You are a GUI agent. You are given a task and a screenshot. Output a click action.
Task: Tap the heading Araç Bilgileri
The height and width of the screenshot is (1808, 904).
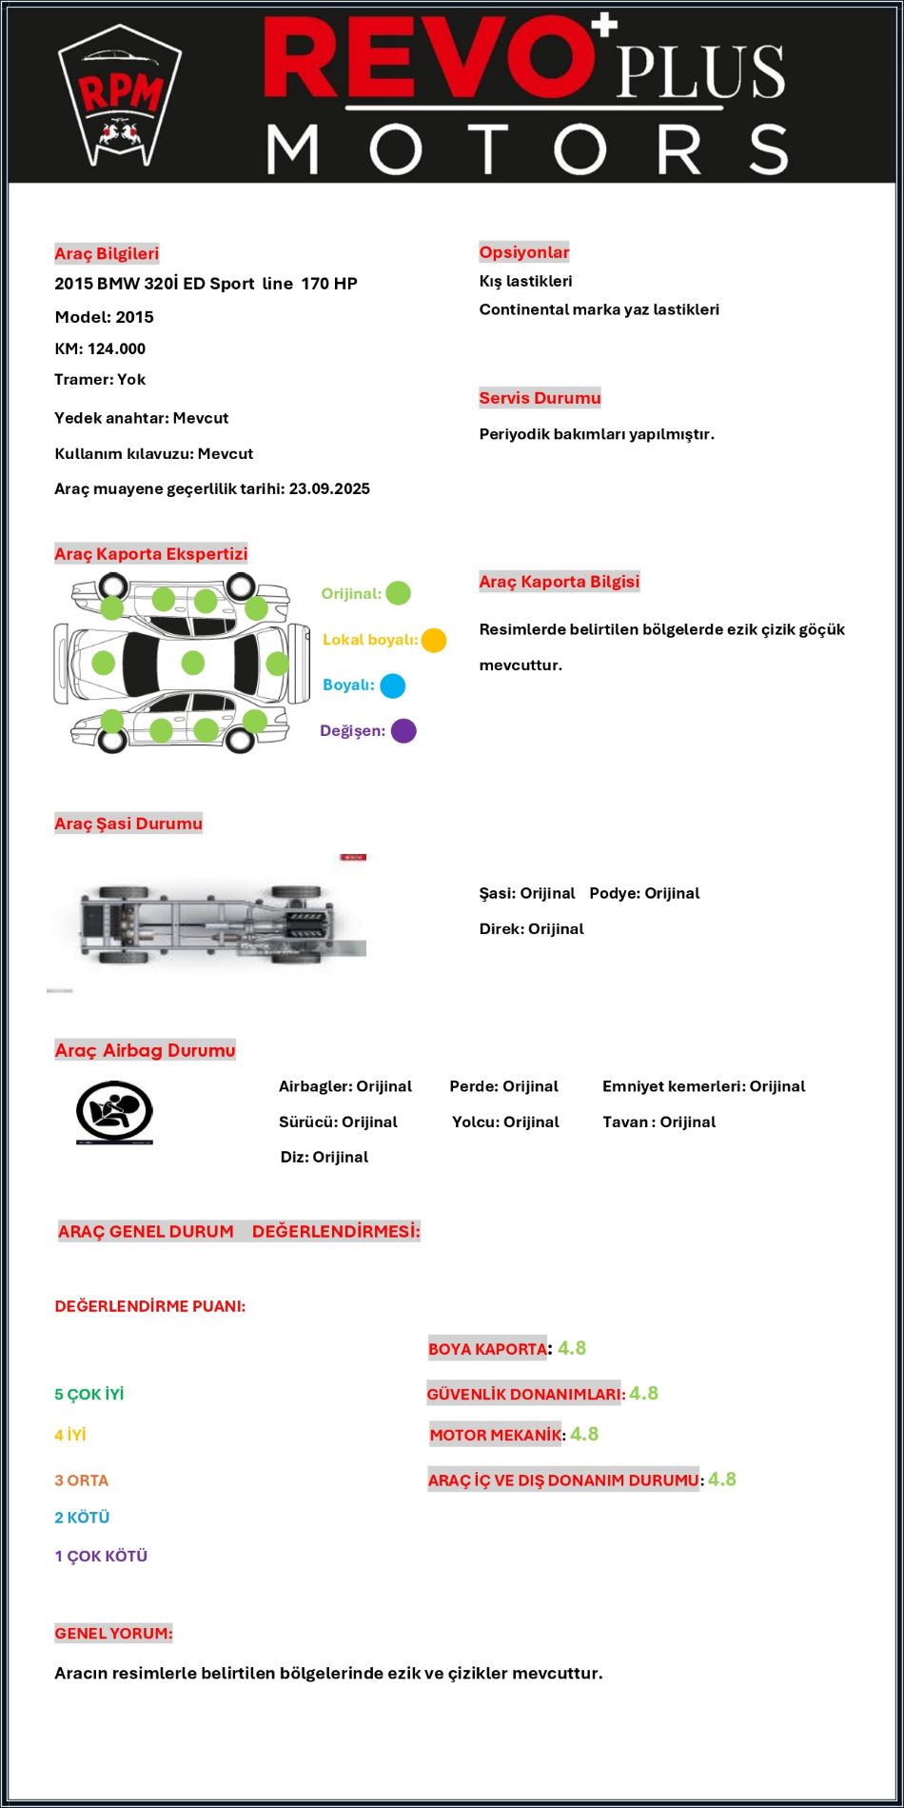(107, 253)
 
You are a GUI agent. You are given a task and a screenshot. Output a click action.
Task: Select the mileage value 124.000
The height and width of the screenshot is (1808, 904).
(116, 348)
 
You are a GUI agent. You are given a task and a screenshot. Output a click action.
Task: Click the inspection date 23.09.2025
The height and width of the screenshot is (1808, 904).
(329, 488)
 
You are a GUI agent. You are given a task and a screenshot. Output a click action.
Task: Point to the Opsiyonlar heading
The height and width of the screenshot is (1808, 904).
(524, 252)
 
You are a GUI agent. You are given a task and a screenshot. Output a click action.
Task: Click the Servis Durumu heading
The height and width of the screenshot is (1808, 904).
(540, 398)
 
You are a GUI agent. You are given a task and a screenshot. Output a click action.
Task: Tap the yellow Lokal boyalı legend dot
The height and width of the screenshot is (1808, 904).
(434, 640)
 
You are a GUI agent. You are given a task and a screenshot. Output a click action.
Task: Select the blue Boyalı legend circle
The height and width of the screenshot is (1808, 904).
(392, 685)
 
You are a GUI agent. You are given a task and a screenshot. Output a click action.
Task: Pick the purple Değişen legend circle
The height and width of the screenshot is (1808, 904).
(403, 731)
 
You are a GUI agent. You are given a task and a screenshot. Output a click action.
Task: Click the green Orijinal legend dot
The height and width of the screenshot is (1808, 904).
(398, 593)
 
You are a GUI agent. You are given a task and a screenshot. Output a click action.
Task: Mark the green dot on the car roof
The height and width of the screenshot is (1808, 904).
(193, 663)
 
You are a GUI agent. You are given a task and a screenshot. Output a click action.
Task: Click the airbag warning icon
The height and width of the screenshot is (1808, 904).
(114, 1112)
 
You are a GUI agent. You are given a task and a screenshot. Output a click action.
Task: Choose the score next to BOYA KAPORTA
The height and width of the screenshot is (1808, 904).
(572, 1348)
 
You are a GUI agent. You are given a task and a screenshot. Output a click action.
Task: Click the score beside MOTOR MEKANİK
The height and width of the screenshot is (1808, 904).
(584, 1434)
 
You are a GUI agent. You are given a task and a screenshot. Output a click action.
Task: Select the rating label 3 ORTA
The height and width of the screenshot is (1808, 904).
(82, 1480)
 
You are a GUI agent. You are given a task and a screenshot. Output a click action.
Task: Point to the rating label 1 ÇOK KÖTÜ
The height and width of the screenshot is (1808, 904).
(101, 1557)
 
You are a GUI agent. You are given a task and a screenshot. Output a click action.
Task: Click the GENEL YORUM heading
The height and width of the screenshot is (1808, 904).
(113, 1633)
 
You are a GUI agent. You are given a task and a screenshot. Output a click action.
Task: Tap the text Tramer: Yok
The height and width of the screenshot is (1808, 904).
(100, 379)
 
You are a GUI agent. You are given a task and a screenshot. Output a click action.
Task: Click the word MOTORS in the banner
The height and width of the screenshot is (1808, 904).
(527, 149)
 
